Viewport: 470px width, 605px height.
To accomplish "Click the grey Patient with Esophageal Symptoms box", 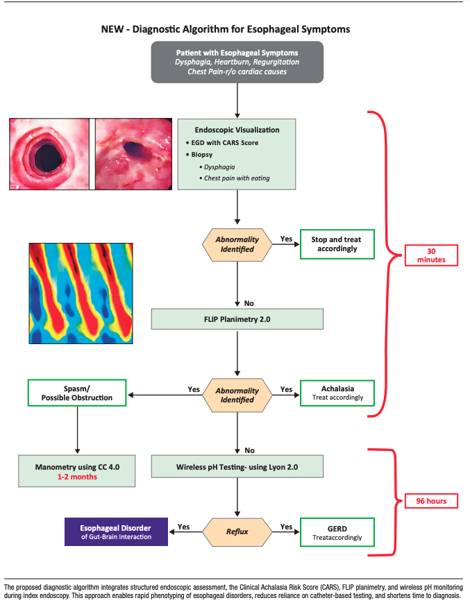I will pos(237,62).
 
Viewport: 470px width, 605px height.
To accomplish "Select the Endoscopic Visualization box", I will pos(237,153).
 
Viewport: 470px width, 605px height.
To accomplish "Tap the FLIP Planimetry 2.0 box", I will pos(237,319).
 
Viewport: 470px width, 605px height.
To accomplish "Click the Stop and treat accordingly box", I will pos(337,244).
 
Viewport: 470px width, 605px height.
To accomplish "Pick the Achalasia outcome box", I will pos(337,393).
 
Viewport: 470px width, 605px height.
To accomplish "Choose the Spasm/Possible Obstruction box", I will pos(77,393).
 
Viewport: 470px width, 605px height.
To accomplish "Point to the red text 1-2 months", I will pos(77,477).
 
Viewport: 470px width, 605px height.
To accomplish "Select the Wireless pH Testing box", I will pos(237,466).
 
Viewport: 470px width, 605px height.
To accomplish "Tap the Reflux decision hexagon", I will pos(237,531).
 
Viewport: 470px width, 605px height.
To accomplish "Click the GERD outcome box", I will pos(337,531).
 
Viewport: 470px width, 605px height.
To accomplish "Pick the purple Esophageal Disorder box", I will pos(116,531).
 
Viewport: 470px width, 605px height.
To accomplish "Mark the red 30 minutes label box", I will pos(431,254).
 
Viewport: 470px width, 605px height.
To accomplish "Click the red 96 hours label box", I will pos(431,500).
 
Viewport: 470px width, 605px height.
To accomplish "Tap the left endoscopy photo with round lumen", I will pos(49,153).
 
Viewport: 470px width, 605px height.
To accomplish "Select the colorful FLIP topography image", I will pos(81,294).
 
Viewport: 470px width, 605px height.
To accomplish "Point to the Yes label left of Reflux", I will pos(183,527).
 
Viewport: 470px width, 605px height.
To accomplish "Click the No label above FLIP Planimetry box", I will pos(249,303).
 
